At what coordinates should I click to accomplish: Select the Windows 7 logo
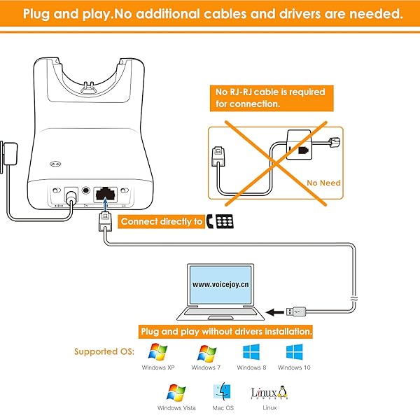coord(207,352)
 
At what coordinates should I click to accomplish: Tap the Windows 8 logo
coord(251,352)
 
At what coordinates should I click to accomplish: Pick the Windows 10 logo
coord(295,352)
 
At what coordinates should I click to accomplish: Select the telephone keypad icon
coord(225,221)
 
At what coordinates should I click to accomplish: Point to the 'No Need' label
coord(324,183)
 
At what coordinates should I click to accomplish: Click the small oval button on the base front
coord(54,165)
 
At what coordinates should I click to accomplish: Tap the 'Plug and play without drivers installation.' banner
coord(226,330)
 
